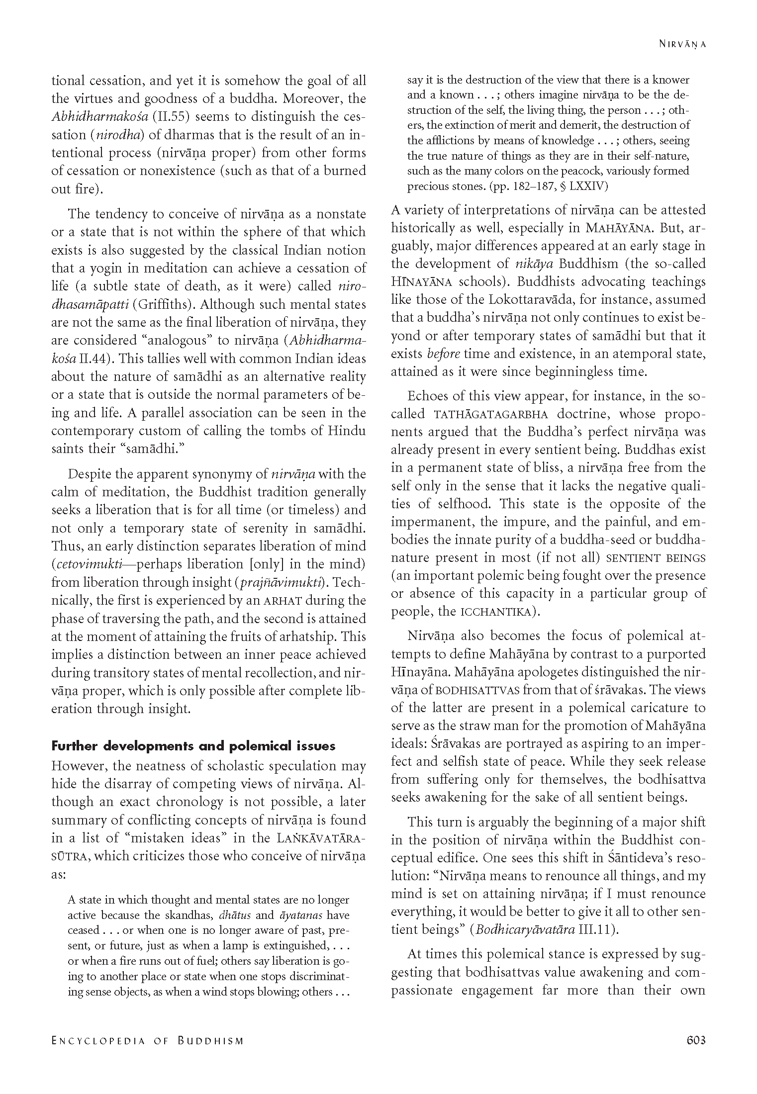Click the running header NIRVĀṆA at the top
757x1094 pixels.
coord(682,44)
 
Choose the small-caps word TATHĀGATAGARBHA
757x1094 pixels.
coord(490,414)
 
